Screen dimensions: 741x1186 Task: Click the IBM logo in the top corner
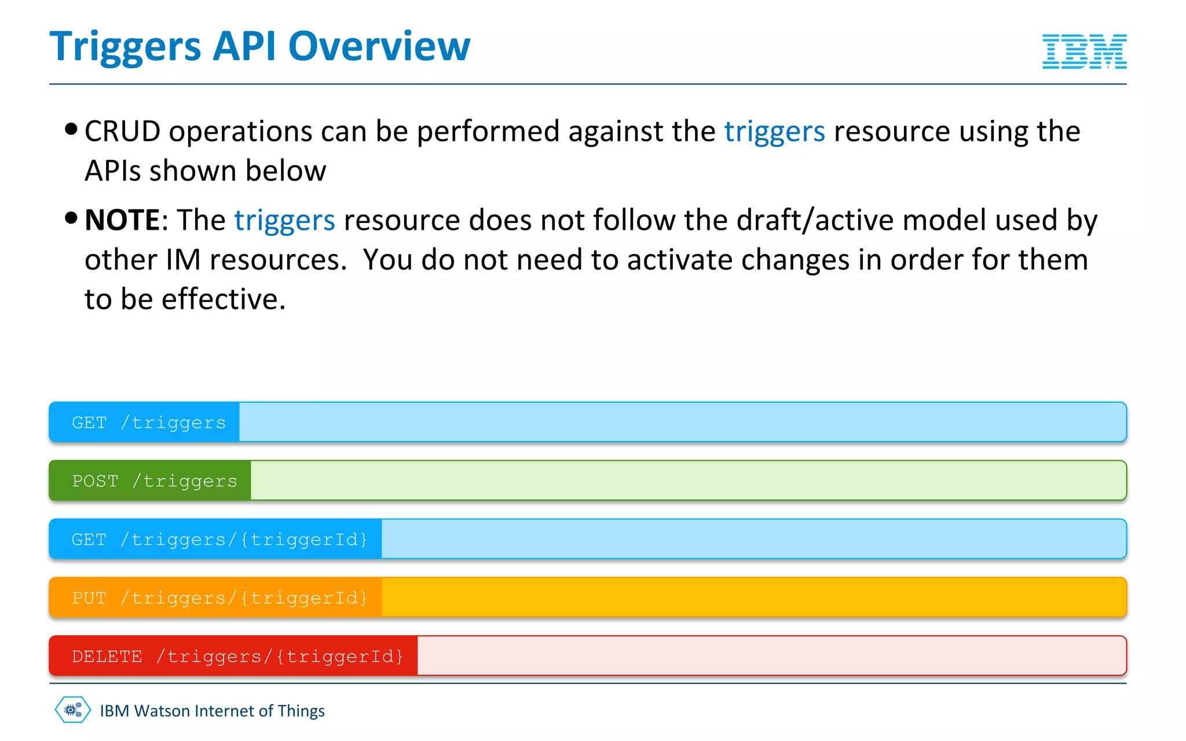coord(1084,52)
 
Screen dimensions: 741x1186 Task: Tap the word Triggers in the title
coord(125,47)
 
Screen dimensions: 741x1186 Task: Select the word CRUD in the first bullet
coord(122,131)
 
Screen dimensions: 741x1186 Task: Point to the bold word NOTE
coord(122,221)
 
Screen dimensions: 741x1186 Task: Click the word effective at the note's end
coord(223,300)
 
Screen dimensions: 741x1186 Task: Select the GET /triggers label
coord(149,423)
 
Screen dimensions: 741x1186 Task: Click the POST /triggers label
coord(155,481)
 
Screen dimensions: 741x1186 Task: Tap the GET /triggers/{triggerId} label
coord(219,540)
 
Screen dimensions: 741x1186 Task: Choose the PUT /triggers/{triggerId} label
coord(219,598)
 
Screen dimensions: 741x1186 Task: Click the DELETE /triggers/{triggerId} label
coord(237,656)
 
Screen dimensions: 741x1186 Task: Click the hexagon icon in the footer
coord(73,710)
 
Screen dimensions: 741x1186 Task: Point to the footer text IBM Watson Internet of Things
coord(212,711)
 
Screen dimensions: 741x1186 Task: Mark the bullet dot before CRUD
coord(71,129)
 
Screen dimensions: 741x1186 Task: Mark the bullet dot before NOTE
coord(71,218)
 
